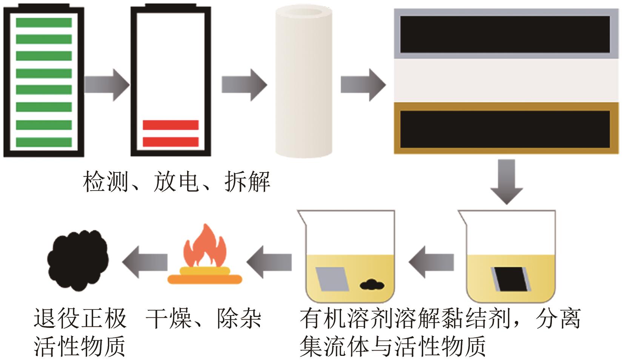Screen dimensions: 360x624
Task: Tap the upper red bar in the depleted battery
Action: coord(171,125)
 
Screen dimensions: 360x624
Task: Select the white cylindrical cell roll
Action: coord(304,81)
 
